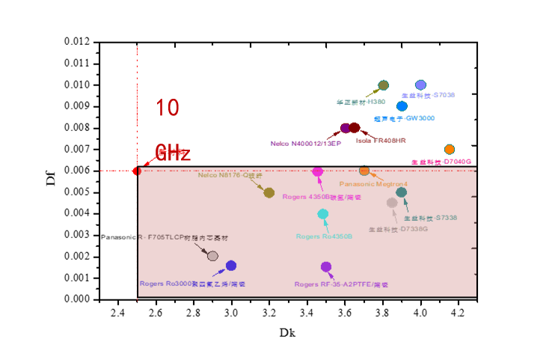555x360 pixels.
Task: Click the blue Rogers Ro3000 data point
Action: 231,266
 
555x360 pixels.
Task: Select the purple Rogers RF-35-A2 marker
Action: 326,267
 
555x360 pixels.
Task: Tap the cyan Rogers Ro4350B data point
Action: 323,214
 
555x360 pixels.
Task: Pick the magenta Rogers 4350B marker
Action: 318,171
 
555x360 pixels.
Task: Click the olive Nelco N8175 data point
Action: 269,192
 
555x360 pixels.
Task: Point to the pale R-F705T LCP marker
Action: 212,256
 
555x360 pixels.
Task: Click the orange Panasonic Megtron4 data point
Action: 364,171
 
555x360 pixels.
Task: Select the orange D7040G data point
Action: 450,150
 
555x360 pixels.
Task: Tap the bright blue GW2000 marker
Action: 402,106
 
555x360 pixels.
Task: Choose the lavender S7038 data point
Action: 421,85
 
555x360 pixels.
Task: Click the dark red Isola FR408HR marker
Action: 355,128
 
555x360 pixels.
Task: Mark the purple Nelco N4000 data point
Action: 345,128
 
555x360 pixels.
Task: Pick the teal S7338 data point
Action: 402,192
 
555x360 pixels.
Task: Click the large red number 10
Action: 168,108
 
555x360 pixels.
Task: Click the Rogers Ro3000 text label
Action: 191,284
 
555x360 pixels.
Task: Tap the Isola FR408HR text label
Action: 381,140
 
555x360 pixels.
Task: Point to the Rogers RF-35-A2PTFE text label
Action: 341,285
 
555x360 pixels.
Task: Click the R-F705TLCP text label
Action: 183,238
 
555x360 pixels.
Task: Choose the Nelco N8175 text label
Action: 230,175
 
